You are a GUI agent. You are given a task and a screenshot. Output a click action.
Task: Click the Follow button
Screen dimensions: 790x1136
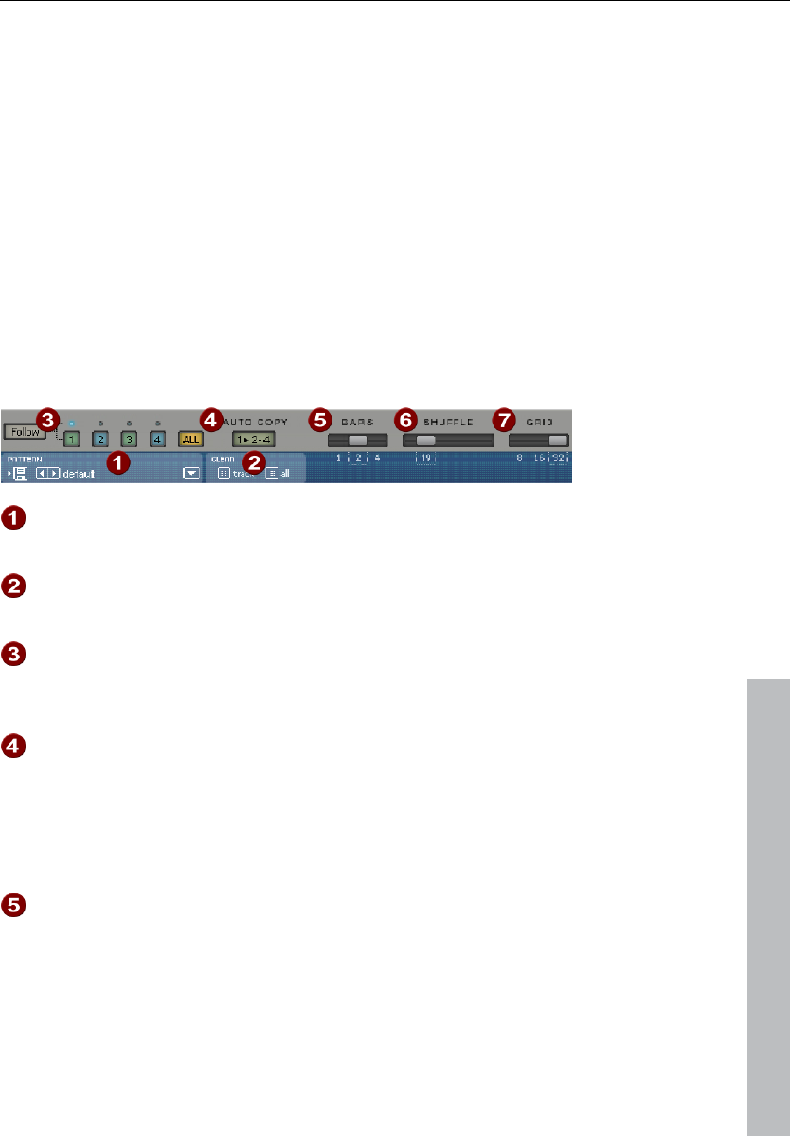click(24, 431)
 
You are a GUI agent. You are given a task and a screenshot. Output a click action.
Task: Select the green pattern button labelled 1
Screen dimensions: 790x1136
click(71, 440)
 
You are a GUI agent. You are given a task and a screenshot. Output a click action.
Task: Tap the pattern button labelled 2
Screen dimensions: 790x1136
click(99, 440)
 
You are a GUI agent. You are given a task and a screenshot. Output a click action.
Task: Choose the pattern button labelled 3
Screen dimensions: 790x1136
click(129, 440)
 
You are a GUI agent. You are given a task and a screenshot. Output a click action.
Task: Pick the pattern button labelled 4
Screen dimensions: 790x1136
click(157, 440)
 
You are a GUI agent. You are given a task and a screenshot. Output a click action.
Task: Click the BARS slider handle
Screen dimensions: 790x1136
click(357, 441)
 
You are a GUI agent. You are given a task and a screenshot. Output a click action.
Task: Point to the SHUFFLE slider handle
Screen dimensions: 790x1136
click(425, 441)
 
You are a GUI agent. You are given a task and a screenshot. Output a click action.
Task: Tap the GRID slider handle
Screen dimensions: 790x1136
click(557, 441)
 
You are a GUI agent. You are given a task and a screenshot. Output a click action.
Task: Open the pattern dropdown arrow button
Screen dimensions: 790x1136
click(192, 472)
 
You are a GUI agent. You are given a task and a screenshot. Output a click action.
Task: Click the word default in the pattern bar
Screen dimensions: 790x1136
click(79, 472)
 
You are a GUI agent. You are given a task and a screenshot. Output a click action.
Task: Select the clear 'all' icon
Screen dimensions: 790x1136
click(272, 472)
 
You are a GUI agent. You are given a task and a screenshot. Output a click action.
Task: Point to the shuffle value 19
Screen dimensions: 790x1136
click(426, 459)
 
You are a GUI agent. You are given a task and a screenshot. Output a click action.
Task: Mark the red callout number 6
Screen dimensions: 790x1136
click(406, 418)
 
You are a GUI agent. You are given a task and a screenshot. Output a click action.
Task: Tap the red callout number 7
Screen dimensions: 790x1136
click(503, 418)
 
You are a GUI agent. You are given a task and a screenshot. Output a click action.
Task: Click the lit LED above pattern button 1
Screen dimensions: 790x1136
click(70, 422)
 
